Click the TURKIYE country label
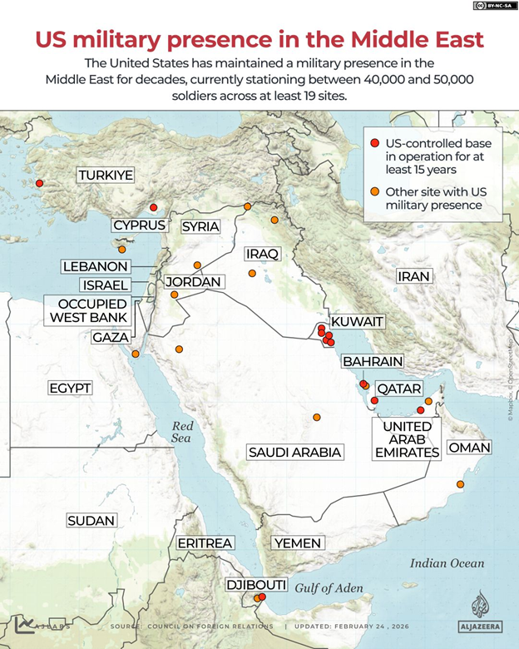106,176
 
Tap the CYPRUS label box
139,225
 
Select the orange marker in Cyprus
121,249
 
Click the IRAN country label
413,276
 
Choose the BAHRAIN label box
373,362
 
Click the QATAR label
398,389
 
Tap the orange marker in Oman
460,484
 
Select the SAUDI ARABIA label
294,452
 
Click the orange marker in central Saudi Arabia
316,417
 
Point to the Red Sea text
181,431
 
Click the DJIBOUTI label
256,585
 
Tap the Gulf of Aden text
329,588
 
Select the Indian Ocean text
447,563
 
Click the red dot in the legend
375,142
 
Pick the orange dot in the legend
375,193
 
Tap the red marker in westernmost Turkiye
38,184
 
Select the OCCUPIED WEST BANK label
88,310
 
